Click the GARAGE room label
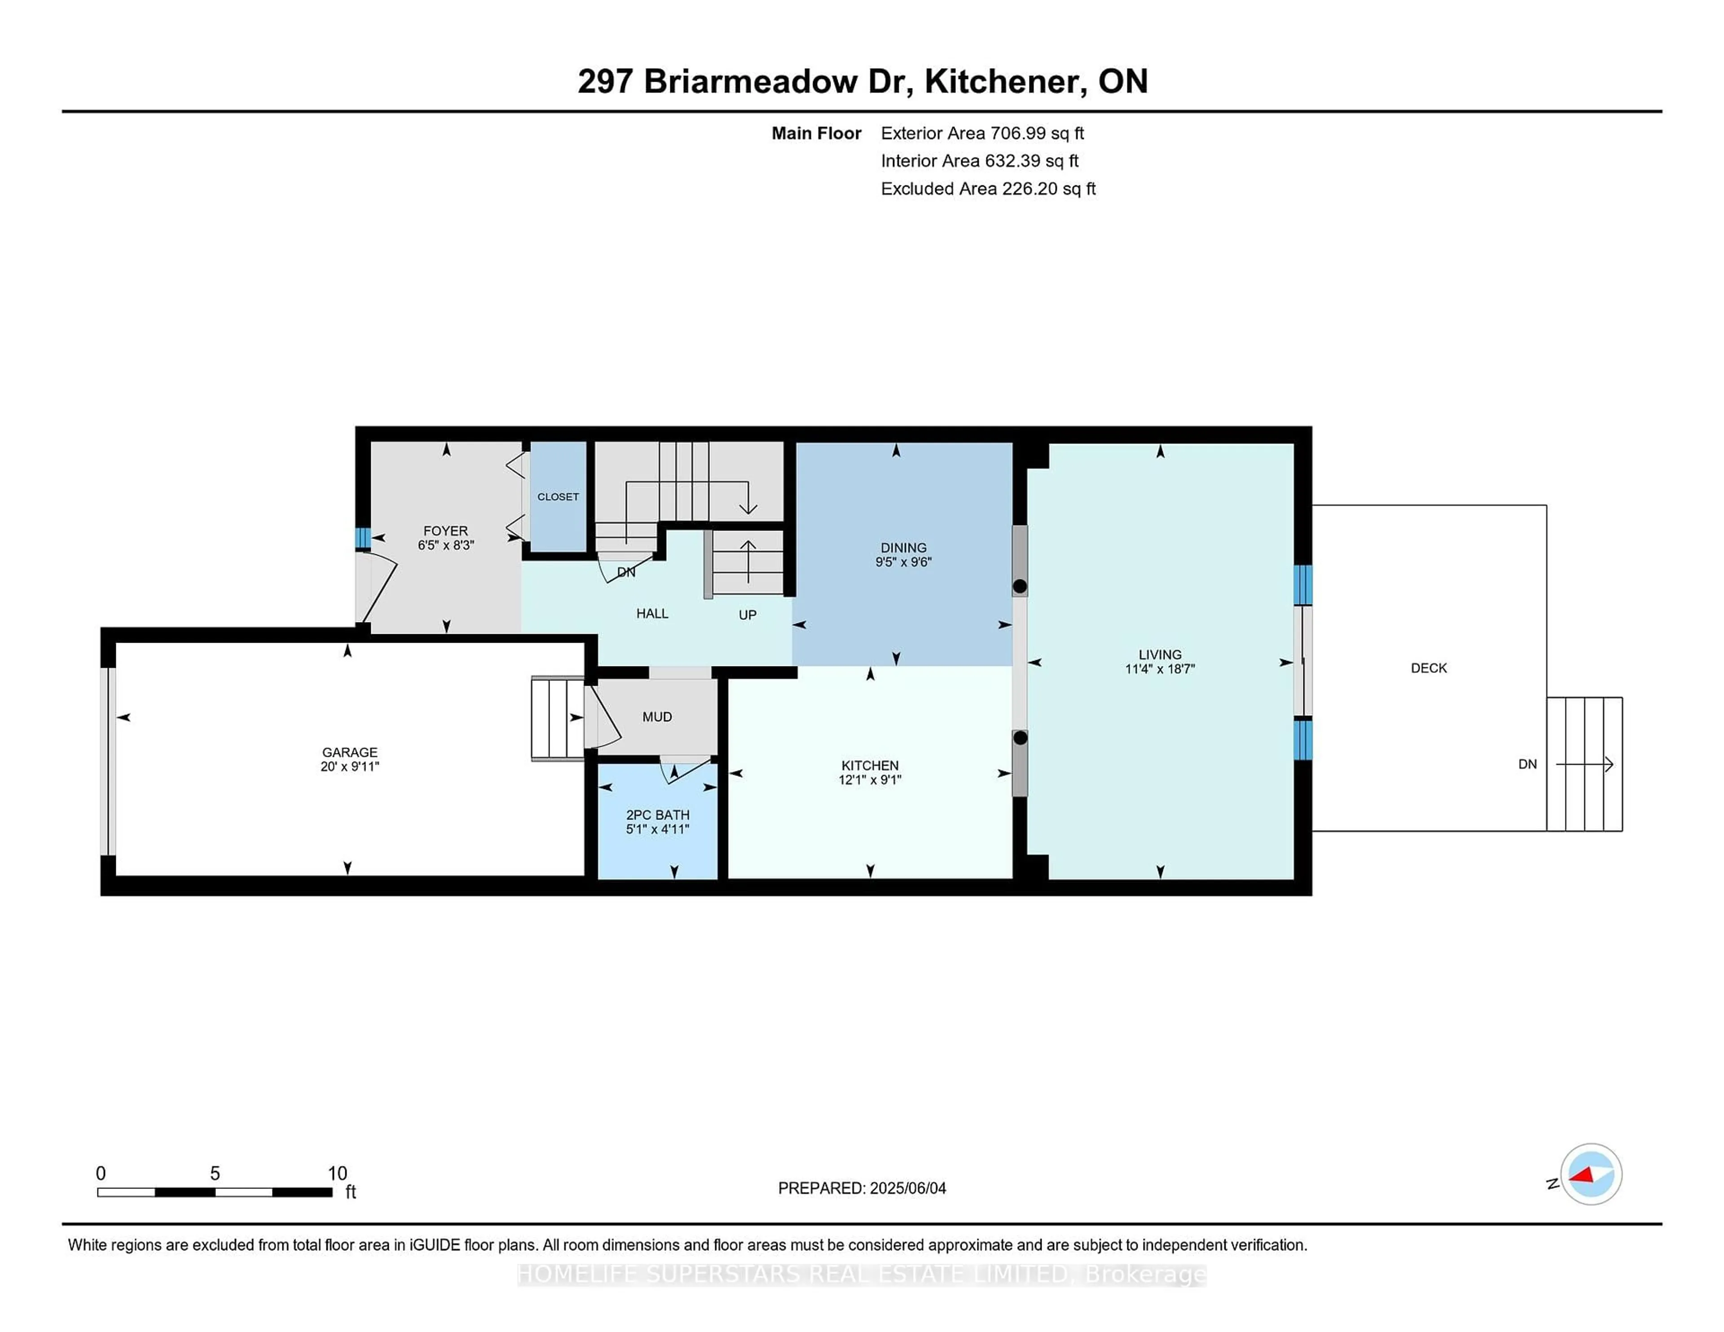coord(350,752)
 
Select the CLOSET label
coord(558,496)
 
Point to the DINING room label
coord(904,548)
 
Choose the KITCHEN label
coord(870,766)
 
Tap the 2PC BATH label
coord(658,815)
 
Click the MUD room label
coord(657,717)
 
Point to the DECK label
coord(1429,668)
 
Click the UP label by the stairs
coord(748,615)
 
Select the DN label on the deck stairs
coord(1527,764)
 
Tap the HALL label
coord(652,613)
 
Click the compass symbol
coord(1591,1174)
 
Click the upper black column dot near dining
coord(1020,586)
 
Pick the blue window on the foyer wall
coord(362,538)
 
